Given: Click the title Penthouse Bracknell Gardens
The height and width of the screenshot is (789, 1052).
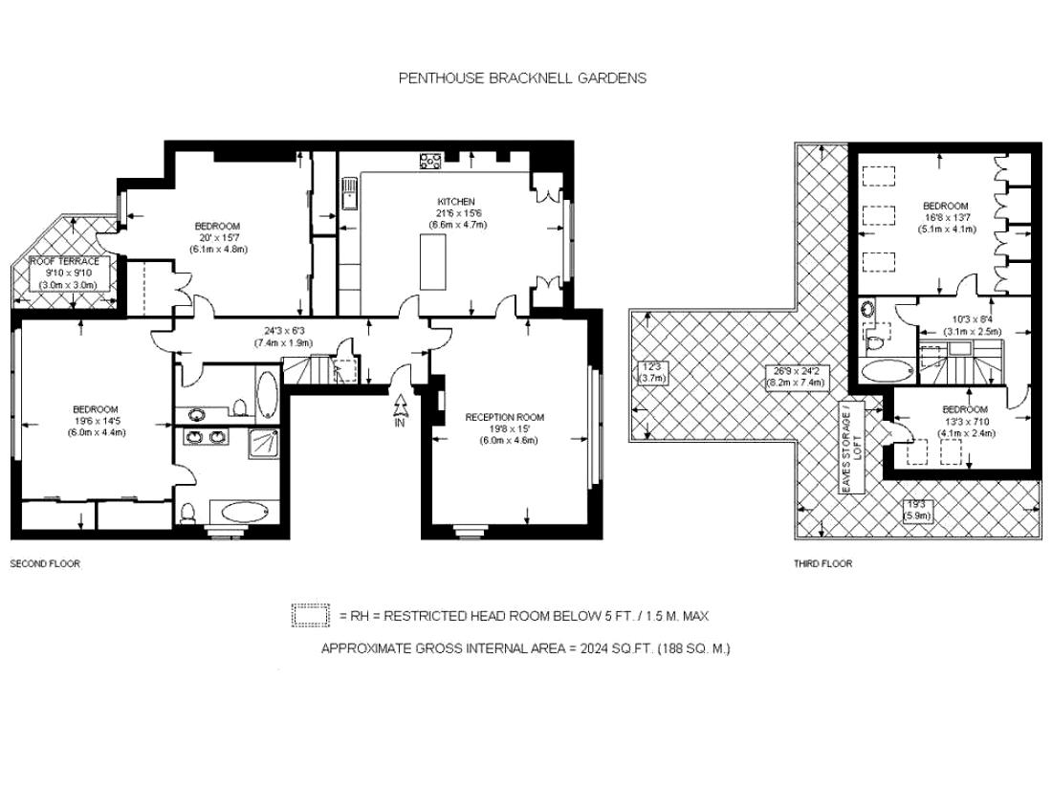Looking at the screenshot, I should coord(521,78).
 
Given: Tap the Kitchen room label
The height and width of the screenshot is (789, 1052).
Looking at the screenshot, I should coord(456,202).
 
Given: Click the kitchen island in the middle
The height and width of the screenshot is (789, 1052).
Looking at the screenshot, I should coord(435,261).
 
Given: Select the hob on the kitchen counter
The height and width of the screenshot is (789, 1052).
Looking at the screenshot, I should coord(430,161).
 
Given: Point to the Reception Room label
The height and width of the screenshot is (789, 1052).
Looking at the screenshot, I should coord(504,417).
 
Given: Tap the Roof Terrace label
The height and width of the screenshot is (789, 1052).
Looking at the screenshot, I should coord(63,261).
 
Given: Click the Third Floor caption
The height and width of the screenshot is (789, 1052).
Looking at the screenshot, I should coord(822,563).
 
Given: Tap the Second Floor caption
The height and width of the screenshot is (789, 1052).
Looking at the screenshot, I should coord(45,563).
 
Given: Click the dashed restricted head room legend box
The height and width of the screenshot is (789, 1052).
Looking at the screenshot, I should coord(310,616).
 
